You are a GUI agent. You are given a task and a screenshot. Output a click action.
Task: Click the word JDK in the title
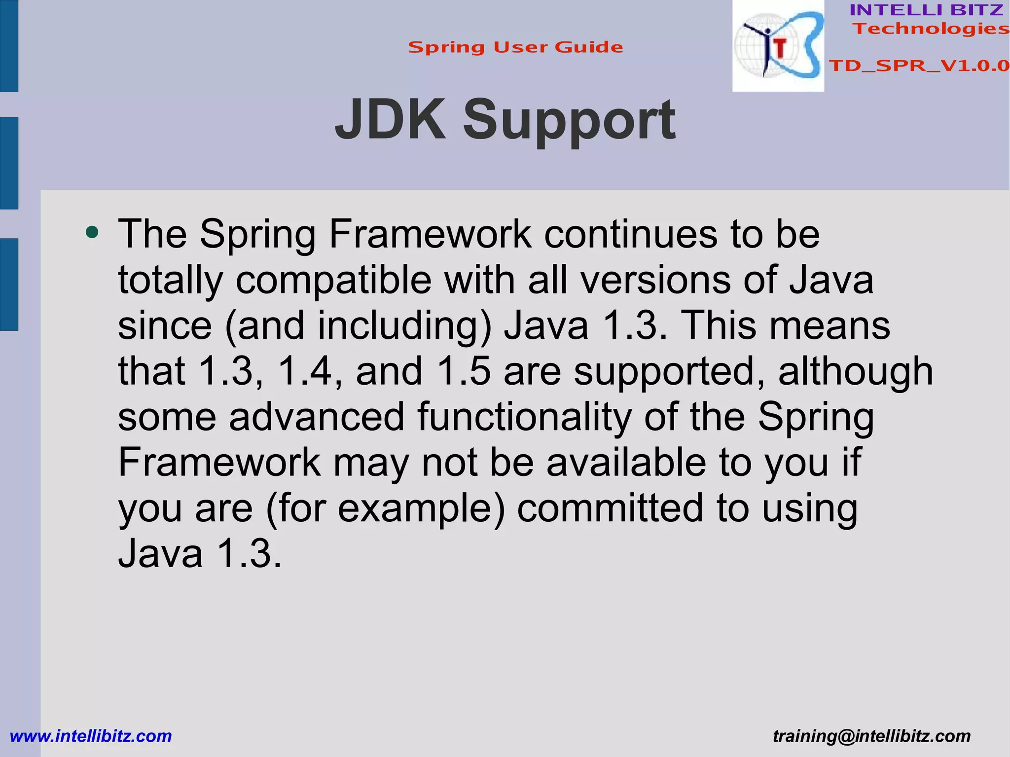click(x=390, y=119)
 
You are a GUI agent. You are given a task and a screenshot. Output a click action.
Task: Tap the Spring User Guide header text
click(x=515, y=47)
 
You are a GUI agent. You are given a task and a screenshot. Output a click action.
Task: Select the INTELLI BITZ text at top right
click(x=926, y=10)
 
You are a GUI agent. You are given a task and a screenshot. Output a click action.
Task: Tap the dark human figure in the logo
click(x=763, y=47)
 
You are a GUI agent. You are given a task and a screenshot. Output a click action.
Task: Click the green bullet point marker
click(x=92, y=232)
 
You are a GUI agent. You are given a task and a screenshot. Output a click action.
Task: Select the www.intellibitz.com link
click(x=91, y=736)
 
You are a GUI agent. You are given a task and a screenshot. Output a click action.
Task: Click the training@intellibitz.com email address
click(x=871, y=736)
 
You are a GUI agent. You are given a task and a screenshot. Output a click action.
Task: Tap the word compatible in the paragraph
click(x=333, y=280)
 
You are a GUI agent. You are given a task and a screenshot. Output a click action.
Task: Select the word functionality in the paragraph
click(x=524, y=417)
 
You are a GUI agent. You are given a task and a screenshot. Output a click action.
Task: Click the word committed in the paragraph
click(x=610, y=508)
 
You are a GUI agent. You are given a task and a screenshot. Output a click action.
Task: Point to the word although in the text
click(x=855, y=371)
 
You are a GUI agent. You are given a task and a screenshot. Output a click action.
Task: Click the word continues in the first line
click(x=631, y=234)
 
